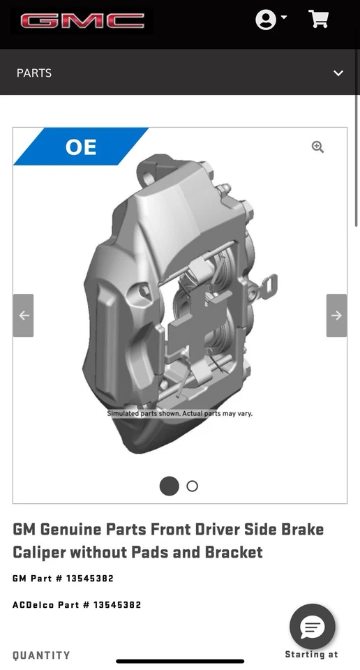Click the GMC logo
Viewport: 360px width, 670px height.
click(82, 21)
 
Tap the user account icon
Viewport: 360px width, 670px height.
click(266, 20)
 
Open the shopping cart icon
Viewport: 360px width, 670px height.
click(319, 20)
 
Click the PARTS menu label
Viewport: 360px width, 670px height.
click(34, 73)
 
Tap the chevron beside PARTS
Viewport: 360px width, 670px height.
click(338, 73)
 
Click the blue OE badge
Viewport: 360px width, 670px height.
click(81, 147)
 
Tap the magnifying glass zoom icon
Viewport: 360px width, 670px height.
click(317, 147)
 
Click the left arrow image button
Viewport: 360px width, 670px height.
click(23, 315)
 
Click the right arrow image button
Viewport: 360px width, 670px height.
click(336, 315)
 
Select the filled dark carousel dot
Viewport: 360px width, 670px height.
click(170, 486)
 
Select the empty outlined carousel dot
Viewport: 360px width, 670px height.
click(193, 486)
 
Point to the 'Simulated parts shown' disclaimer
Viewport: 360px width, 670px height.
click(179, 413)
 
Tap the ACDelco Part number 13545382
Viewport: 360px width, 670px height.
click(117, 604)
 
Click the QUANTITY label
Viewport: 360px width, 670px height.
click(41, 655)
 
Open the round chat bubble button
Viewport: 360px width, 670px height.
click(313, 626)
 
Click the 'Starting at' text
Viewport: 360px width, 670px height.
click(311, 655)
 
